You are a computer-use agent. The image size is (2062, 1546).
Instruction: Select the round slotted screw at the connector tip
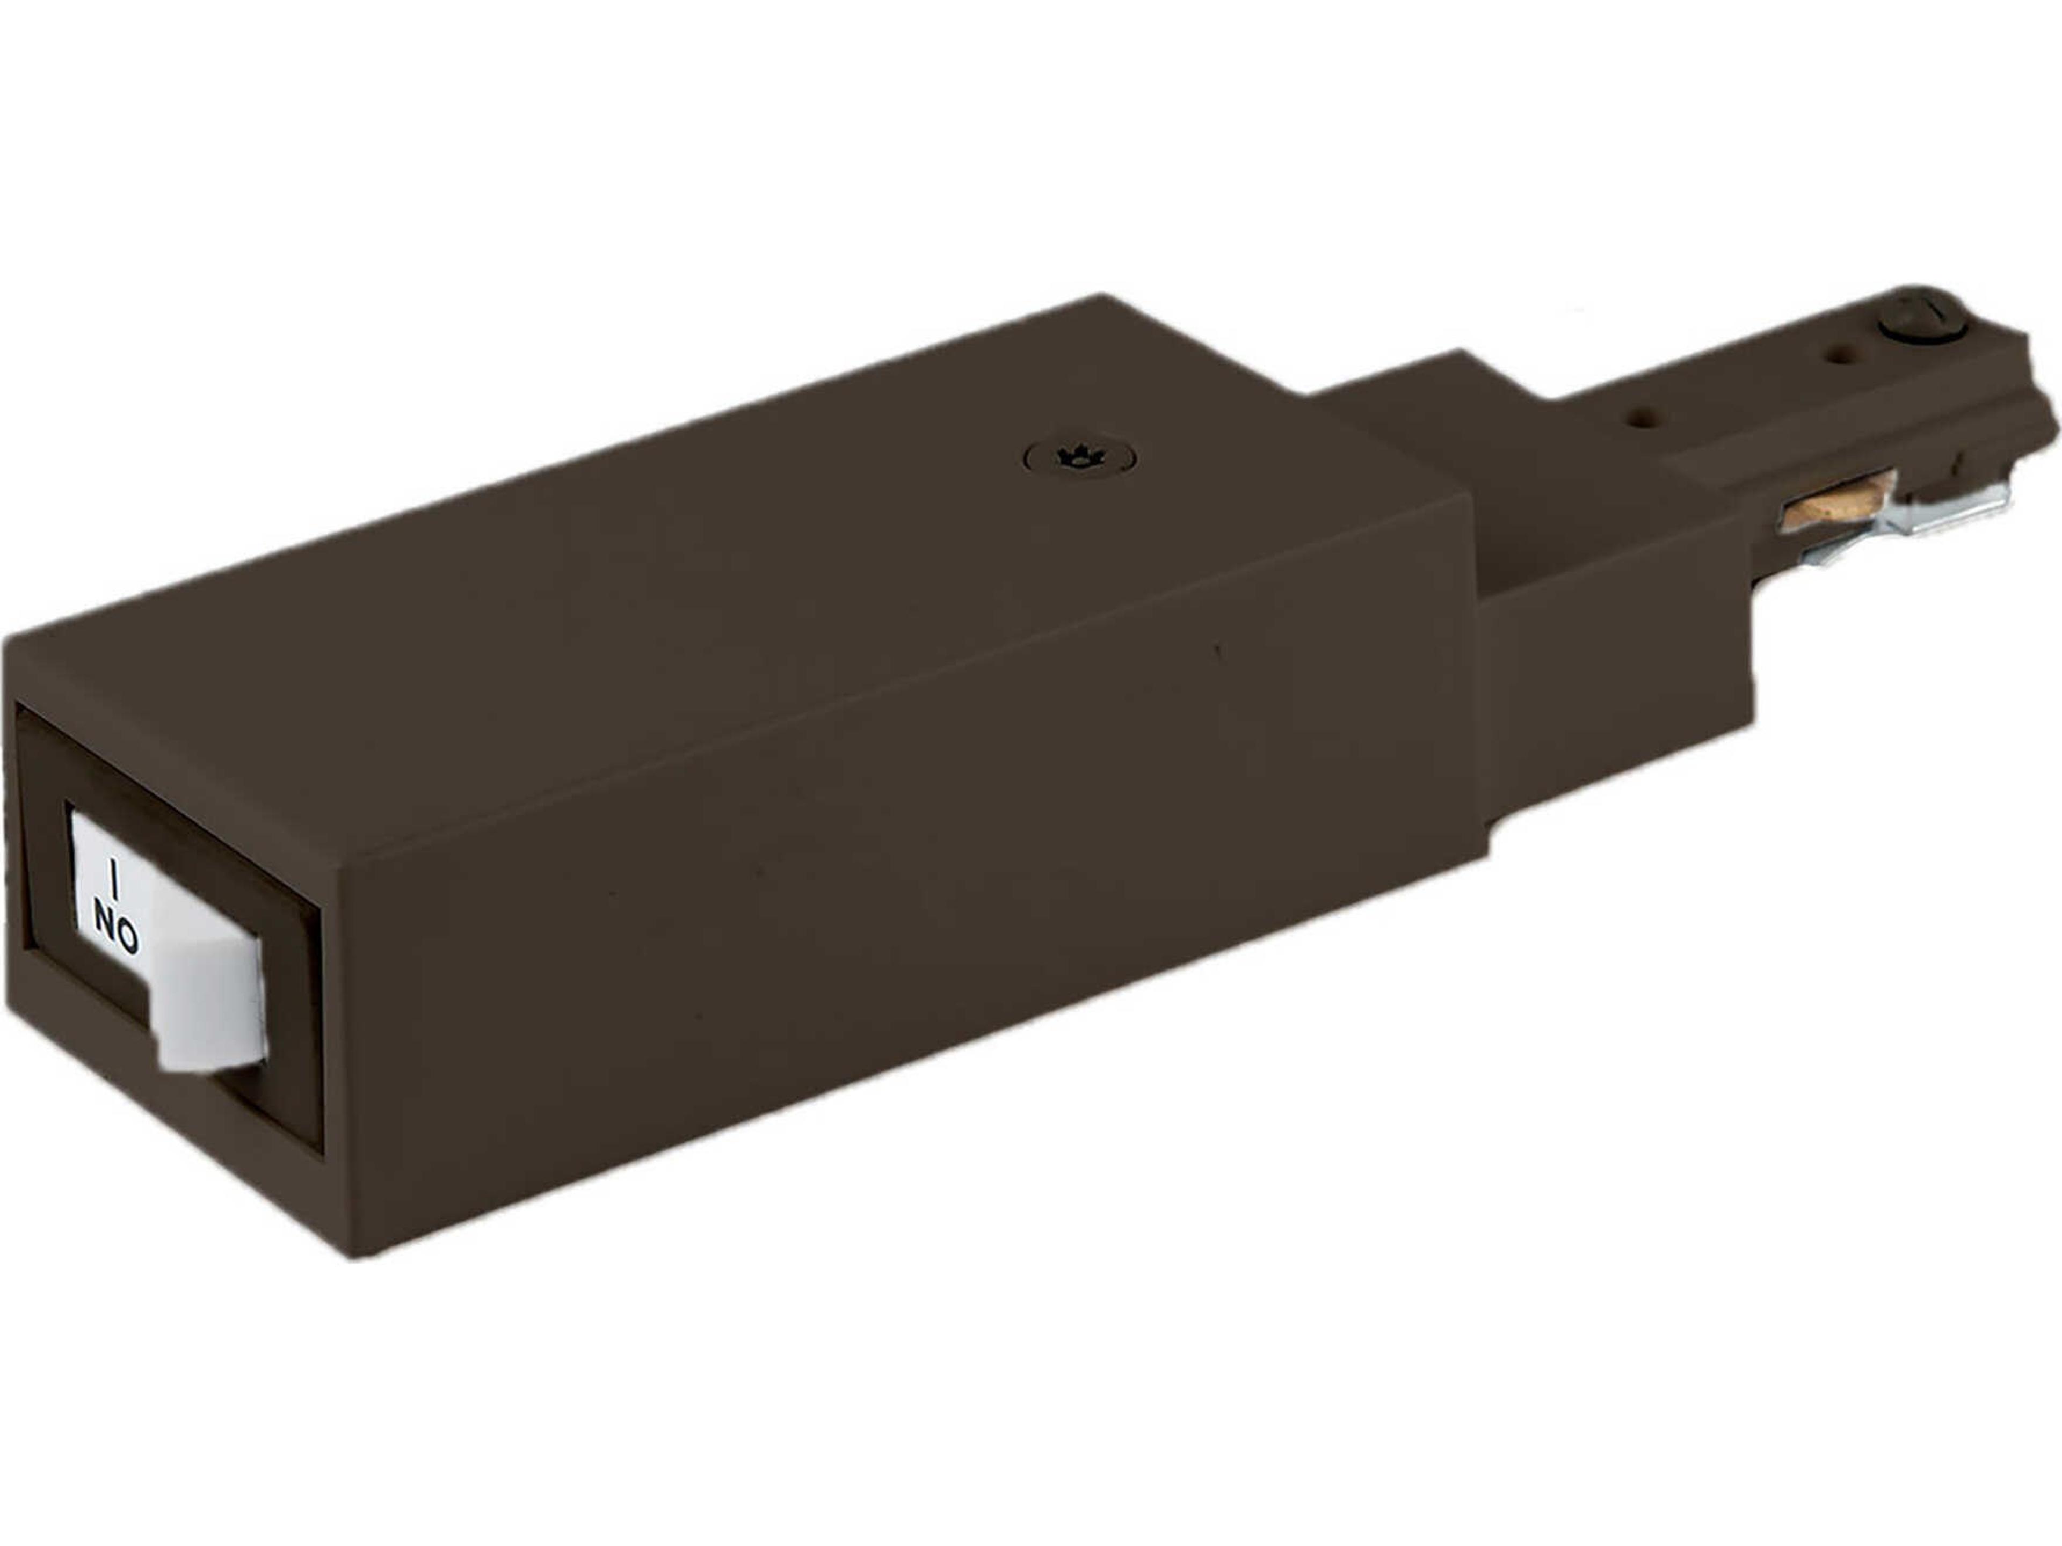click(x=1922, y=326)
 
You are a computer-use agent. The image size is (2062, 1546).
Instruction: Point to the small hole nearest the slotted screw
click(x=1839, y=354)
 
